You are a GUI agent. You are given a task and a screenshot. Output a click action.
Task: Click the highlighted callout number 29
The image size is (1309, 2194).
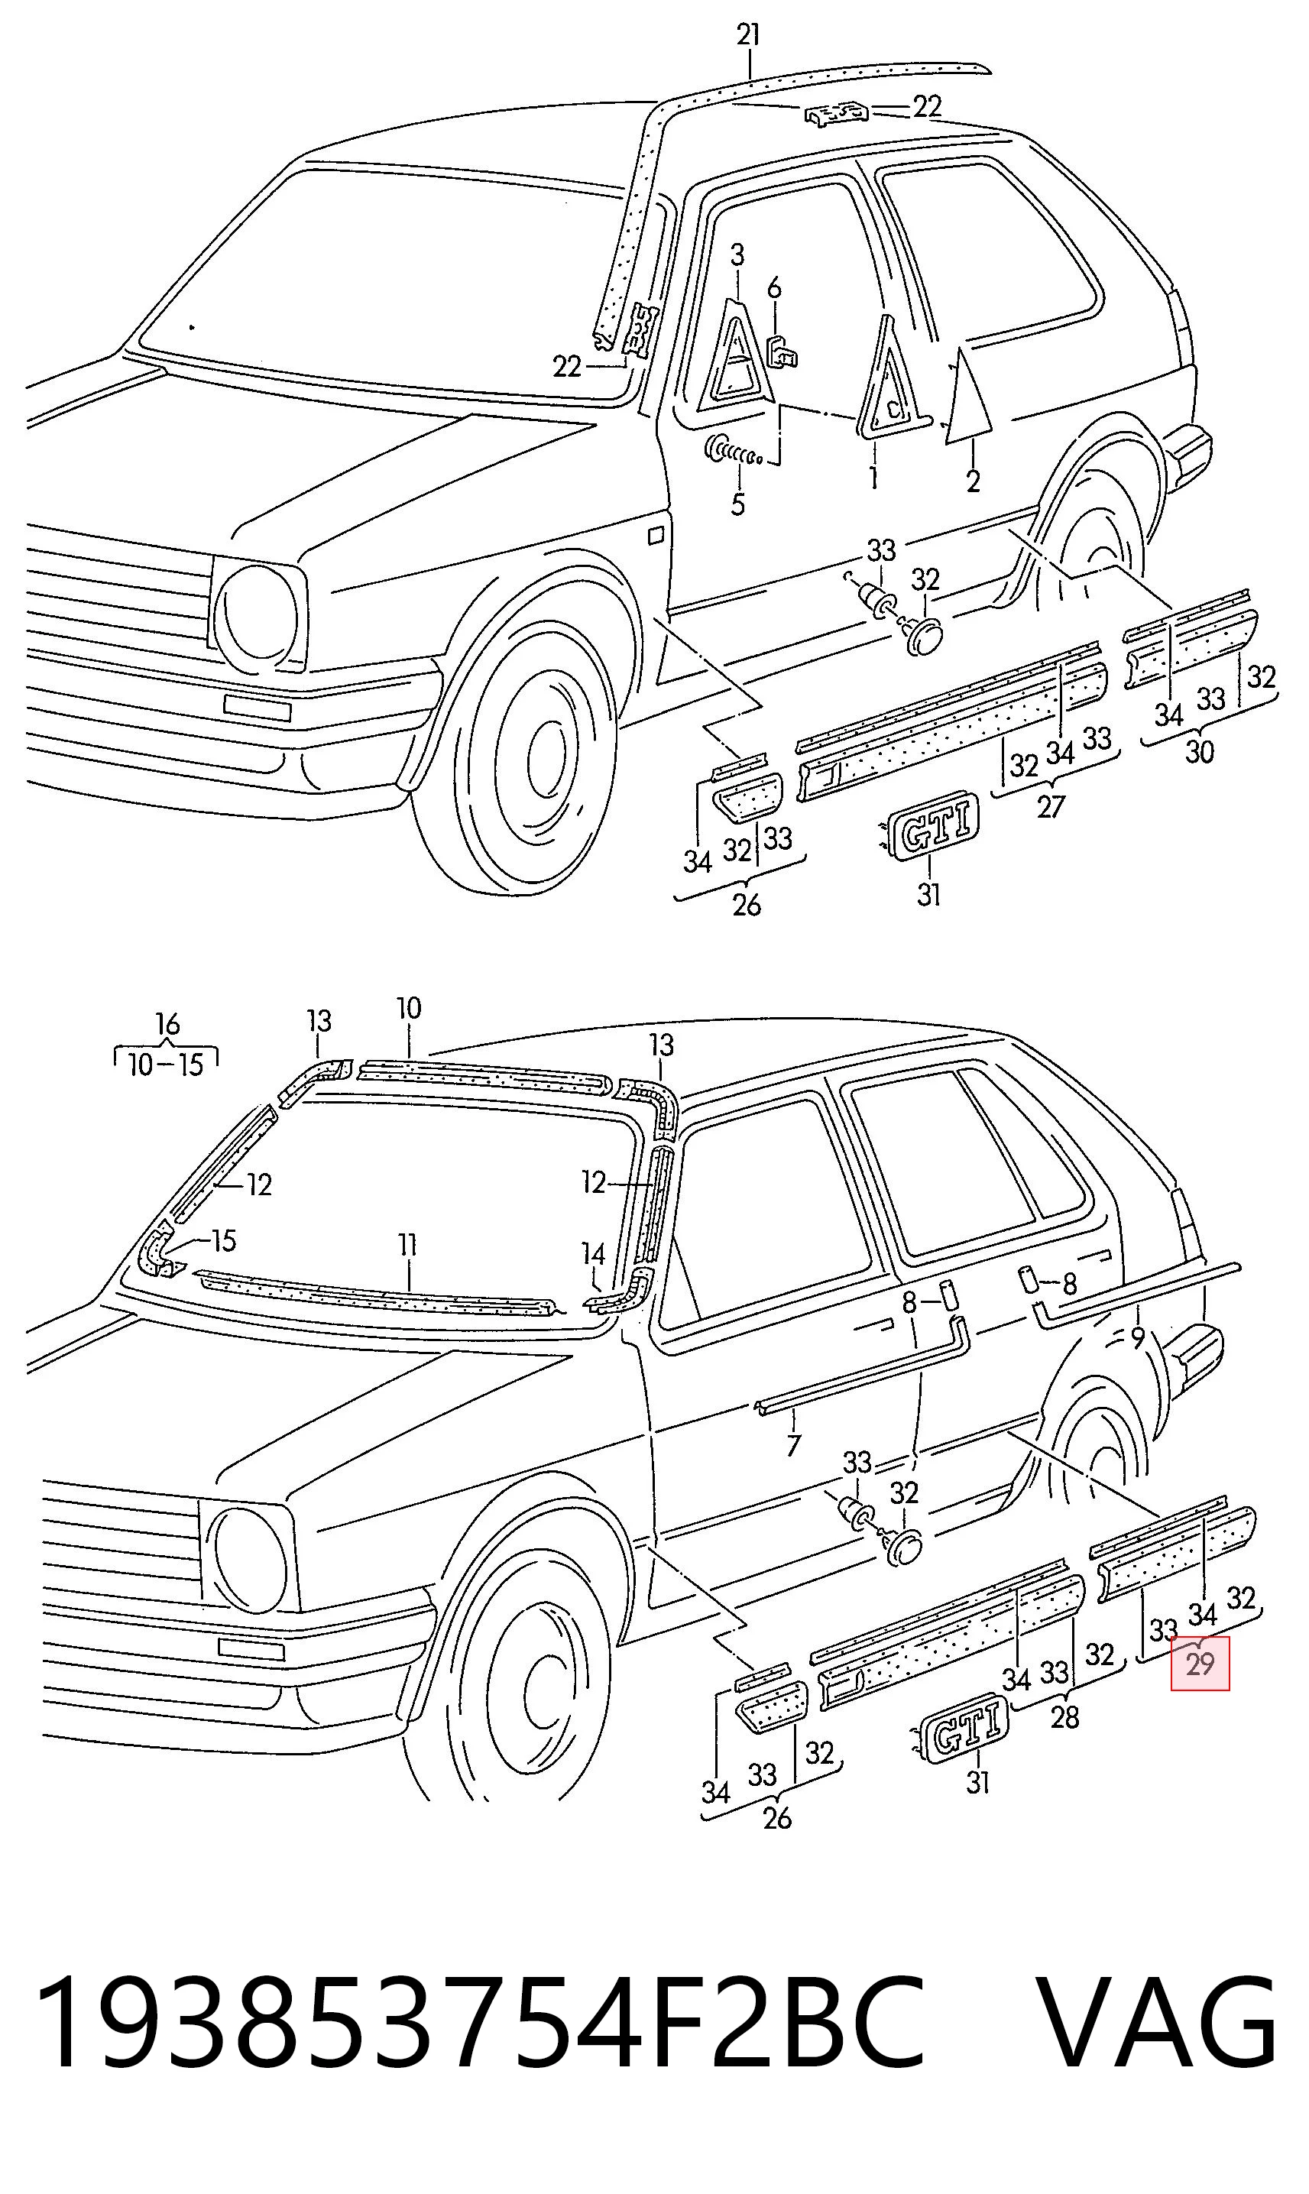1200,1664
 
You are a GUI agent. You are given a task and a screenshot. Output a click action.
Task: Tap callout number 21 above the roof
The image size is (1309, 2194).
748,35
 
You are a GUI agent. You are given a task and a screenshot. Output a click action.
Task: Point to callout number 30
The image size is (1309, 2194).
1199,752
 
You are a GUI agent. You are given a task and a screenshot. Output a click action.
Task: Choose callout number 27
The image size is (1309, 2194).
1050,806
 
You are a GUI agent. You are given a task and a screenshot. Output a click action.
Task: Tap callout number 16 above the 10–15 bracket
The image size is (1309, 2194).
167,1024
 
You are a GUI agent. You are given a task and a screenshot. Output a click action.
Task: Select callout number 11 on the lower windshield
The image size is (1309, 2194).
407,1245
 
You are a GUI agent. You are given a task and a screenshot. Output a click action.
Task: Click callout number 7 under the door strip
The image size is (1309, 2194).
793,1445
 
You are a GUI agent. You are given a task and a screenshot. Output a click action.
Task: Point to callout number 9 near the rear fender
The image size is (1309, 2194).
1138,1339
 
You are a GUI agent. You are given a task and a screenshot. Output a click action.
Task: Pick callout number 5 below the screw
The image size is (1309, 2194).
738,505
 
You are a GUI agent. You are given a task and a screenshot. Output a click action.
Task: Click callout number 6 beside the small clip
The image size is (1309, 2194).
773,287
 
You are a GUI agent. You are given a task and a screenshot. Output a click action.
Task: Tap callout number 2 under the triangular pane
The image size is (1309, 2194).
973,481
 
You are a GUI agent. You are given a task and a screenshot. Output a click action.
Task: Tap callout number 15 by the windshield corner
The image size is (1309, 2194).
223,1241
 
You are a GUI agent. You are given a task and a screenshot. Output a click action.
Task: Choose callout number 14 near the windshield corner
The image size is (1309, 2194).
594,1254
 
